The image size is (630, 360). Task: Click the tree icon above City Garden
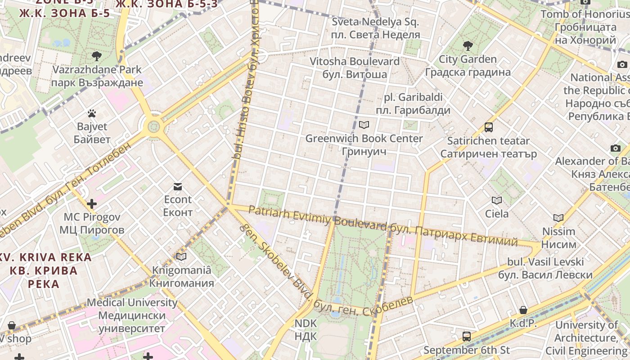(468, 45)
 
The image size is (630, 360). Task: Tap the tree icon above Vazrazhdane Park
(96, 56)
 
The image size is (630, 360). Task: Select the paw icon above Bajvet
(92, 113)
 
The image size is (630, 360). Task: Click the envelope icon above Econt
(178, 186)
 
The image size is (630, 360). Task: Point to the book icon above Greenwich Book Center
(364, 125)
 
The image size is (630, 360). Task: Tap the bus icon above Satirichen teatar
(489, 127)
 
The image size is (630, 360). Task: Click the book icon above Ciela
(497, 200)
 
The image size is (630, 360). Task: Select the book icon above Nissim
(558, 218)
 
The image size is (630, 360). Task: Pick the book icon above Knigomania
(181, 257)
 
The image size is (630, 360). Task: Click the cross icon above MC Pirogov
(92, 204)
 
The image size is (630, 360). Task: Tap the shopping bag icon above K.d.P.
(523, 310)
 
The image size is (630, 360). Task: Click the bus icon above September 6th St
(467, 336)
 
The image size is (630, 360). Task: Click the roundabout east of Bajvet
(154, 126)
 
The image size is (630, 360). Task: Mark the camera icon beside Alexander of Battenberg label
(616, 148)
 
